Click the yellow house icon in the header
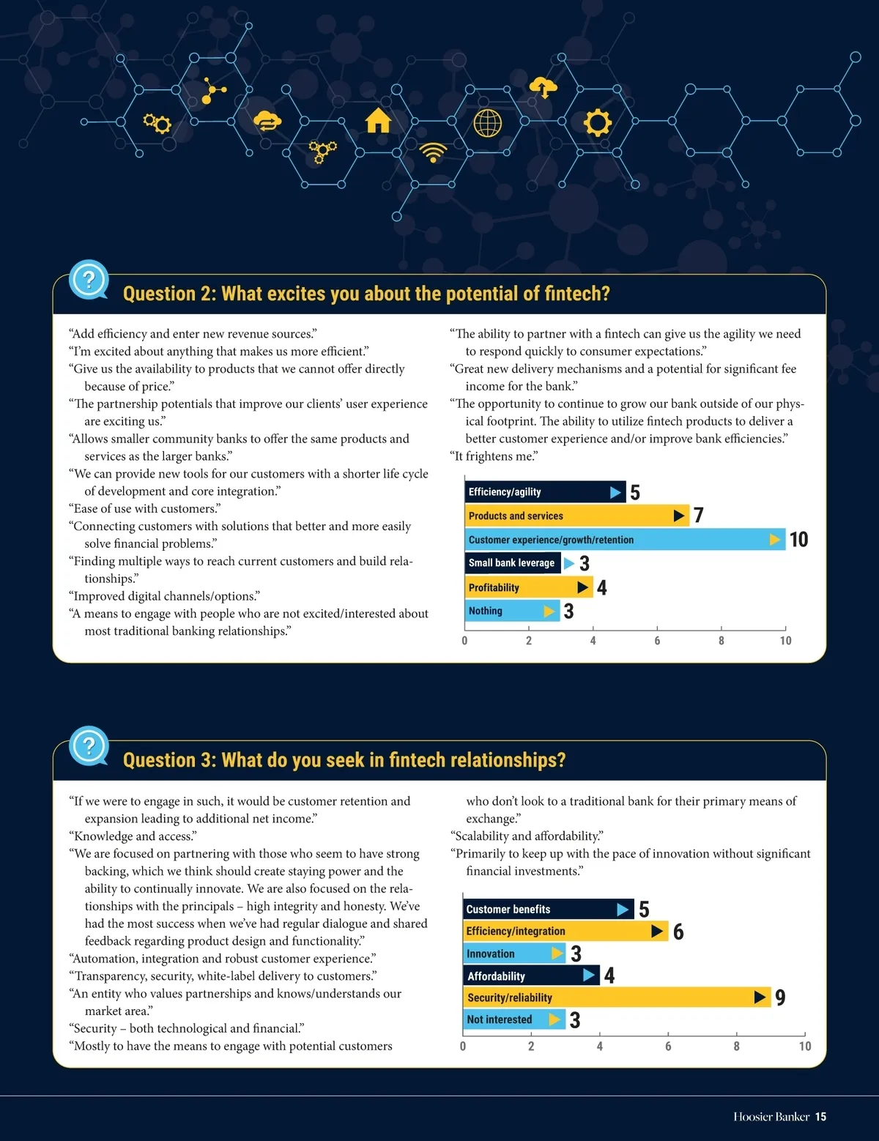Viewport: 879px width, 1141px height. click(x=378, y=120)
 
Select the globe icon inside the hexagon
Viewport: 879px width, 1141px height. click(x=488, y=123)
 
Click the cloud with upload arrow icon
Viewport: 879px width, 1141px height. click(x=543, y=86)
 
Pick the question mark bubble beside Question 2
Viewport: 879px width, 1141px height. click(x=89, y=280)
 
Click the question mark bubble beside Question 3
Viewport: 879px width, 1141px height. click(x=89, y=746)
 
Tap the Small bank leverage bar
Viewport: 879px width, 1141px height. click(x=512, y=563)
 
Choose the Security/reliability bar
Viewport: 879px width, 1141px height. click(x=616, y=997)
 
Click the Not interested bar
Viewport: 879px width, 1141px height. click(x=513, y=1019)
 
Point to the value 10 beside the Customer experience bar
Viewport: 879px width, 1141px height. click(x=798, y=540)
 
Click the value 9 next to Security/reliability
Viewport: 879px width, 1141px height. click(x=780, y=997)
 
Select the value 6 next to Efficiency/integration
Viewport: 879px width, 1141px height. click(x=678, y=932)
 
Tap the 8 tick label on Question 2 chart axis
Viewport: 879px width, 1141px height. click(x=722, y=641)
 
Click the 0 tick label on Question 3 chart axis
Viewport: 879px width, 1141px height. click(x=463, y=1047)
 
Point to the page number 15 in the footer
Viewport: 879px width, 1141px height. click(x=820, y=1117)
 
